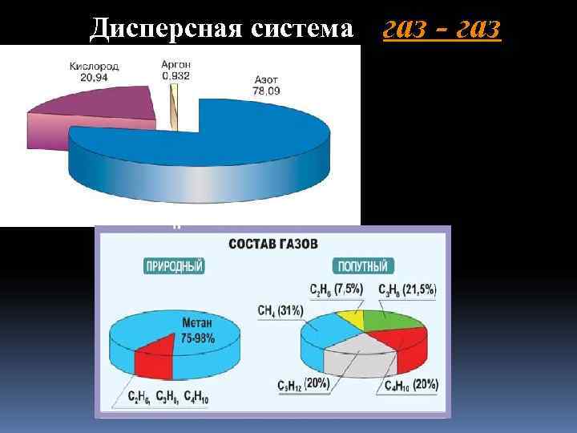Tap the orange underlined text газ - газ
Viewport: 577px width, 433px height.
tap(442, 28)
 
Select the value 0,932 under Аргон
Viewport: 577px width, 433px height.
tap(176, 75)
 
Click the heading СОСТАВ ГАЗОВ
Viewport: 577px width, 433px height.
tap(274, 243)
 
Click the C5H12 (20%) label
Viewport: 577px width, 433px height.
tap(304, 383)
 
